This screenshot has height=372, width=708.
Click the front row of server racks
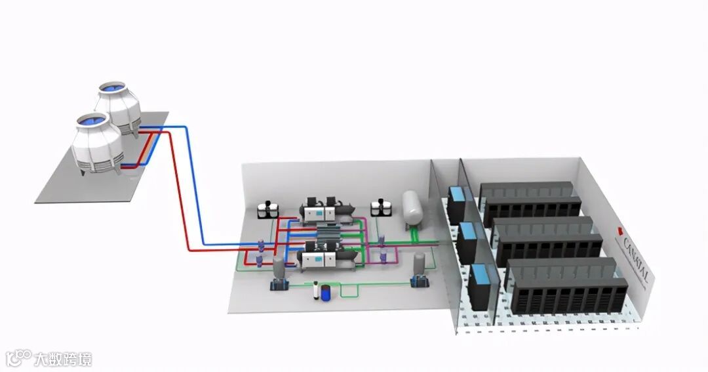tap(567, 285)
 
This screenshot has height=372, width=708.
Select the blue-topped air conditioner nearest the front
tap(481, 286)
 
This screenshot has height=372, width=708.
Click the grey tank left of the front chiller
tap(278, 266)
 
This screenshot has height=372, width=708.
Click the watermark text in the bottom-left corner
tap(62, 359)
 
